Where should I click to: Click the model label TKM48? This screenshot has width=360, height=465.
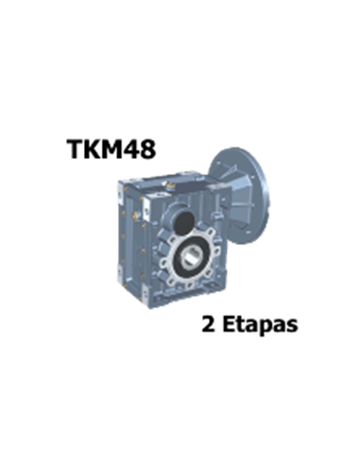click(111, 148)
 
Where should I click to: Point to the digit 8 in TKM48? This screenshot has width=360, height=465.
click(147, 148)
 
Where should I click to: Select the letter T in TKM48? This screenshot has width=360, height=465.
click(75, 148)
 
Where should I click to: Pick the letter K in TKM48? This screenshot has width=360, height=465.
click(92, 148)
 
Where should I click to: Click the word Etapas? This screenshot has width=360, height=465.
click(260, 324)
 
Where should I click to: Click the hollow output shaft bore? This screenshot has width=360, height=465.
click(191, 258)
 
